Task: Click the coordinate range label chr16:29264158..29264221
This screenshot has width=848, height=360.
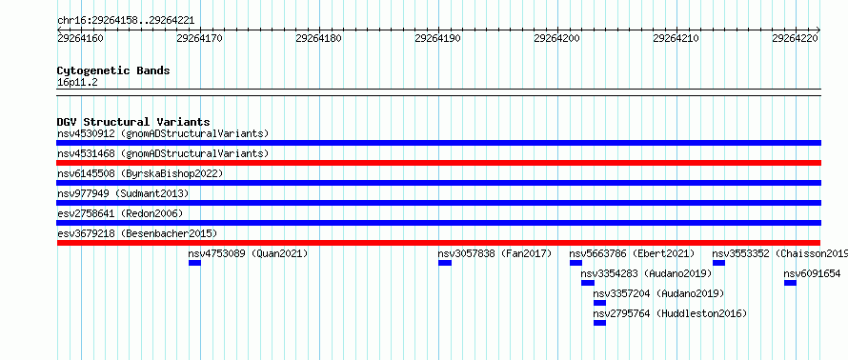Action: tap(126, 21)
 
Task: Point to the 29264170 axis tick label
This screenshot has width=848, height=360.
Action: tap(199, 38)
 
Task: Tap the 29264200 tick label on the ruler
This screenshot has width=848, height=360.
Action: tap(556, 38)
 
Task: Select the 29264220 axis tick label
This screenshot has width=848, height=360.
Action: tap(795, 38)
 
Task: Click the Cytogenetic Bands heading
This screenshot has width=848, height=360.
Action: tap(113, 70)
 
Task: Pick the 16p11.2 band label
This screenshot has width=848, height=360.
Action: tap(77, 83)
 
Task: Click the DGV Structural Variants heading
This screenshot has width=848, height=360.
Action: tap(133, 122)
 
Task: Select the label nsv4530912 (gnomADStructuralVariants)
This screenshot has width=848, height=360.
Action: tap(163, 133)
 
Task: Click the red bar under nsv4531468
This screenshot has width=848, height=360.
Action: tap(438, 163)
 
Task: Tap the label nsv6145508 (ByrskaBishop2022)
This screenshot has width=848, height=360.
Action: tap(139, 173)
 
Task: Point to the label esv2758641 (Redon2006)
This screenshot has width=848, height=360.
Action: tap(120, 213)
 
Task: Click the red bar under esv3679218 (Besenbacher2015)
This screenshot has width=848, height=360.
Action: tap(438, 243)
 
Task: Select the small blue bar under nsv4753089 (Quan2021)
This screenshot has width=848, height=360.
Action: tap(194, 263)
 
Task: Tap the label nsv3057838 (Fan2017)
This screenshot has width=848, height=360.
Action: tap(495, 253)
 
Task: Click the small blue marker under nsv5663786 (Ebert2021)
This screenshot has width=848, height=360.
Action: tap(575, 263)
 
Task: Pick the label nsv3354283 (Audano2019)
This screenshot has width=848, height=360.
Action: tap(646, 273)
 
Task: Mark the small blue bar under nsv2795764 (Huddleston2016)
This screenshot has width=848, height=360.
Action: tap(599, 323)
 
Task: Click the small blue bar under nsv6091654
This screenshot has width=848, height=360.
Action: tap(790, 283)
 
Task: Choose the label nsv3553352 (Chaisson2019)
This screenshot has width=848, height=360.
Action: tap(779, 253)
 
